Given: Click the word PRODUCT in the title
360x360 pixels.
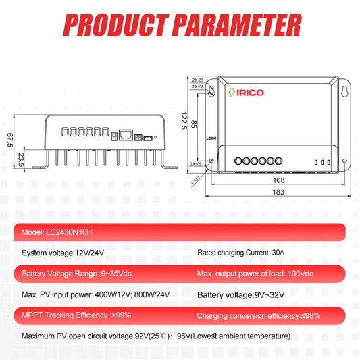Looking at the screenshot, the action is pyautogui.click(x=115, y=25).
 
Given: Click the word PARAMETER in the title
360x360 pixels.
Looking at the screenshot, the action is pyautogui.click(x=237, y=25).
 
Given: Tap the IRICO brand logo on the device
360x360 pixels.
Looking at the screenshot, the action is pyautogui.click(x=246, y=93).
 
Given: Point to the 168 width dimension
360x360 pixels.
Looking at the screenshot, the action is pyautogui.click(x=279, y=180).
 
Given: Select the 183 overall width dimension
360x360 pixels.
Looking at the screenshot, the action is pyautogui.click(x=278, y=192).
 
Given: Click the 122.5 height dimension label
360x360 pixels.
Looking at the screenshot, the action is pyautogui.click(x=184, y=121).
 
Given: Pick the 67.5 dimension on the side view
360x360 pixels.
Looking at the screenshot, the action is pyautogui.click(x=10, y=140).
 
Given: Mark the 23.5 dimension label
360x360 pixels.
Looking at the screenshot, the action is pyautogui.click(x=21, y=160).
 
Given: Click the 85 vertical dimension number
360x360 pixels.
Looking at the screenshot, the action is pyautogui.click(x=194, y=124).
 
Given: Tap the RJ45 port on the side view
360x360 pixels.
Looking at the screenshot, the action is pyautogui.click(x=126, y=135).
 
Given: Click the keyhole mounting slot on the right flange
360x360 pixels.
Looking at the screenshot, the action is pyautogui.click(x=344, y=91).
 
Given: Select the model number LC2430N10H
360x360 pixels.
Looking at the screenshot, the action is pyautogui.click(x=69, y=232).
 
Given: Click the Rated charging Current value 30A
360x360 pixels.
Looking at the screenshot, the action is pyautogui.click(x=278, y=253).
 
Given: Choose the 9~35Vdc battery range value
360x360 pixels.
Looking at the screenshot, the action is pyautogui.click(x=116, y=274).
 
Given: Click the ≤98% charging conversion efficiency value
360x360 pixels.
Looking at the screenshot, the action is pyautogui.click(x=311, y=315).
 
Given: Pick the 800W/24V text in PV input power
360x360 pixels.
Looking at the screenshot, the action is pyautogui.click(x=152, y=294).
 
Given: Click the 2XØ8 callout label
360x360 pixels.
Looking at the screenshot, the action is pyautogui.click(x=198, y=86).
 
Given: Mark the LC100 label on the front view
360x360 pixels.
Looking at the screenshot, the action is pyautogui.click(x=211, y=138).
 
